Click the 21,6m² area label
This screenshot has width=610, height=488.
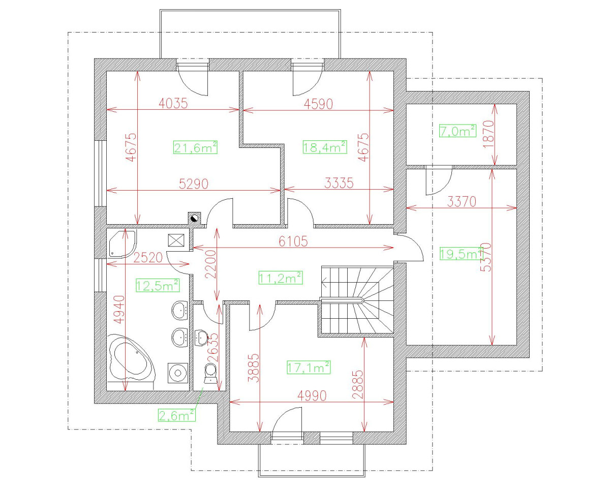click(195, 147)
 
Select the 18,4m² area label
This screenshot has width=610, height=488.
click(325, 147)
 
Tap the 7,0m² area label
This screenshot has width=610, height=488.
click(457, 131)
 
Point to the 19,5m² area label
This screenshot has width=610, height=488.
click(461, 254)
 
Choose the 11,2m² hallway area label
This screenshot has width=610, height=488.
click(281, 278)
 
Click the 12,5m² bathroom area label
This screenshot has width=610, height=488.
click(158, 285)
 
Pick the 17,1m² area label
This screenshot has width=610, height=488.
click(309, 368)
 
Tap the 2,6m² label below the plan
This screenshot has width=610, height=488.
click(177, 415)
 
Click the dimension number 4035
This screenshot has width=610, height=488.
click(173, 103)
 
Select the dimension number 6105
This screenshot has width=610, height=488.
click(293, 241)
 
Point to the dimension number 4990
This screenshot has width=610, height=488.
click(312, 395)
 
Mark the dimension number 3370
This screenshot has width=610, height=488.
click(462, 202)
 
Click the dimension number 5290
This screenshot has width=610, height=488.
click(194, 184)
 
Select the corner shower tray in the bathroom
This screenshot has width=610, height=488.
click(123, 244)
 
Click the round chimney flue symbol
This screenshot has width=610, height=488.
click(194, 219)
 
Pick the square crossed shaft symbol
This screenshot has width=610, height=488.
click(176, 240)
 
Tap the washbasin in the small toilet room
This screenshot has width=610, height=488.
click(201, 338)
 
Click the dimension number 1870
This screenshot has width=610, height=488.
click(489, 134)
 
